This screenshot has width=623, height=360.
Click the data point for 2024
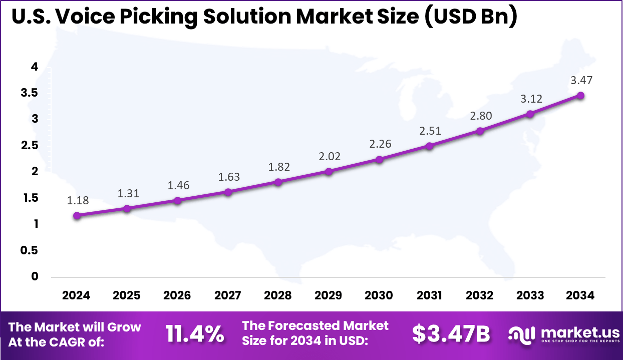pyautogui.click(x=77, y=215)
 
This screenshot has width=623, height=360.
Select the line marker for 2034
pyautogui.click(x=581, y=95)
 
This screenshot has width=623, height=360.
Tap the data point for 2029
pyautogui.click(x=329, y=171)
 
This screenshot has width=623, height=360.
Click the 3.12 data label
pyautogui.click(x=531, y=99)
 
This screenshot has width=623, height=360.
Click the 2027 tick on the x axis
pyautogui.click(x=228, y=295)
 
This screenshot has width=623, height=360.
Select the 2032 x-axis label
pyautogui.click(x=480, y=295)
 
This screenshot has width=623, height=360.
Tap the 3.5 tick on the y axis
pyautogui.click(x=28, y=93)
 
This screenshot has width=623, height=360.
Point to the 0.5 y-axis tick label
pyautogui.click(x=28, y=250)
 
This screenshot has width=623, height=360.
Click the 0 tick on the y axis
pyautogui.click(x=35, y=276)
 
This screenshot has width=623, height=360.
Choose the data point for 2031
pyautogui.click(x=430, y=146)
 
